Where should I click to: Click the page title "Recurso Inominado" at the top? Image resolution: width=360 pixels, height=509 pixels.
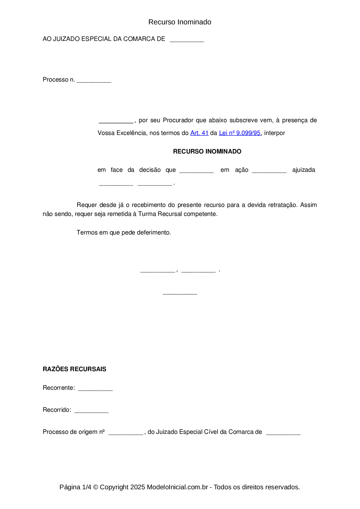point(180,22)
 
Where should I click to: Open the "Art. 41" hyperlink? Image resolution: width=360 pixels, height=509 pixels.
point(199,133)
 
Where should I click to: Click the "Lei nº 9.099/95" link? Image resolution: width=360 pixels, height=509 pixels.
point(240,133)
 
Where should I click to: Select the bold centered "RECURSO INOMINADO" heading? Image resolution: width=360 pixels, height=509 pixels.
point(207,151)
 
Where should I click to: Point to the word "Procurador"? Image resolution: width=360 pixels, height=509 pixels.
point(178,120)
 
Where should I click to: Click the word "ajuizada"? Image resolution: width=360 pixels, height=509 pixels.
point(303,170)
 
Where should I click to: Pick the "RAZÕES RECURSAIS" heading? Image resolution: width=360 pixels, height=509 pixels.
point(74,369)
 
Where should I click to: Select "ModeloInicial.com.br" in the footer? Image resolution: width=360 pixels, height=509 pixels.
point(177,487)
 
